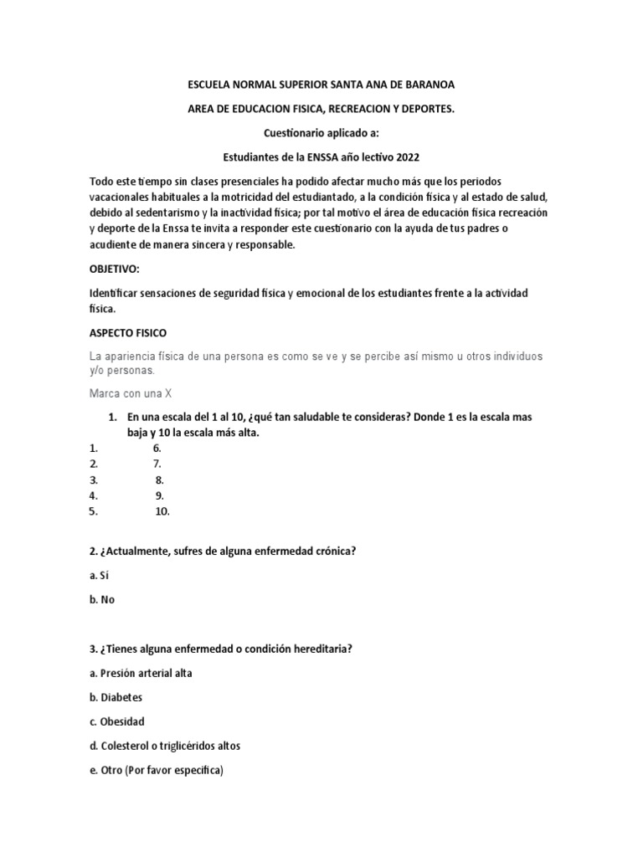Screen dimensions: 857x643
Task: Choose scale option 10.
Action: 162,511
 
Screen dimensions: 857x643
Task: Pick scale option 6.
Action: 157,448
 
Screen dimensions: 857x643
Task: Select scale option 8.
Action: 159,480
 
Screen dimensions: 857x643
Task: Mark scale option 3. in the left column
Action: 94,480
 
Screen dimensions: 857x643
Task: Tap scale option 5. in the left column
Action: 94,511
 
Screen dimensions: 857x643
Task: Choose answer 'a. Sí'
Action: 100,575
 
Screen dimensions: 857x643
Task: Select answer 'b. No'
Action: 102,599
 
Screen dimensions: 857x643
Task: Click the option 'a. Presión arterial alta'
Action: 141,673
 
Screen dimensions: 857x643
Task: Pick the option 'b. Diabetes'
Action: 116,697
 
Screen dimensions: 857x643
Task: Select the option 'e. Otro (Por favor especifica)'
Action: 157,769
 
